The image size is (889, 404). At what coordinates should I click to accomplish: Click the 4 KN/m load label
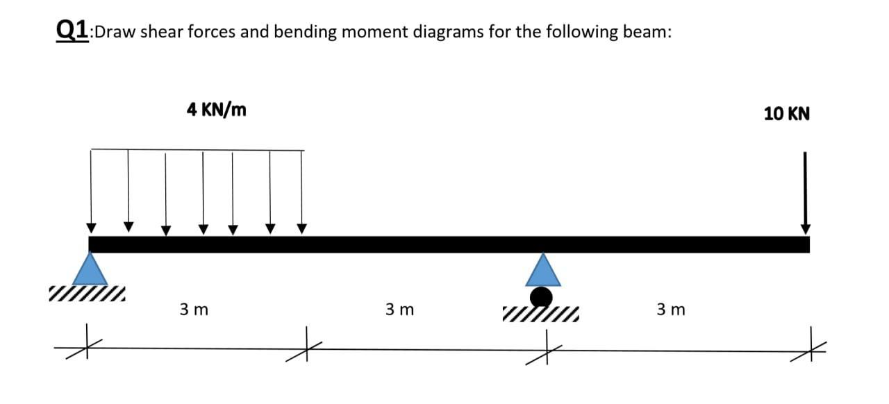(x=216, y=109)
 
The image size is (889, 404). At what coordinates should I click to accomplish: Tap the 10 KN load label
(x=786, y=114)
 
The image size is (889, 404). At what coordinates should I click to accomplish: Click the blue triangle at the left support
(x=90, y=269)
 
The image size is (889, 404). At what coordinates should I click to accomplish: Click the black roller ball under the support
(x=542, y=297)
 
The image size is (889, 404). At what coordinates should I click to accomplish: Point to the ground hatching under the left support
(x=88, y=295)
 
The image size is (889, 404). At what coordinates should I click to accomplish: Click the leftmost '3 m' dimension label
(x=194, y=309)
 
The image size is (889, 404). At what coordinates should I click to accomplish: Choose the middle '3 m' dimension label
(x=399, y=309)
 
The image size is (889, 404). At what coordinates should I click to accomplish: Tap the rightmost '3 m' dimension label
(x=670, y=309)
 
